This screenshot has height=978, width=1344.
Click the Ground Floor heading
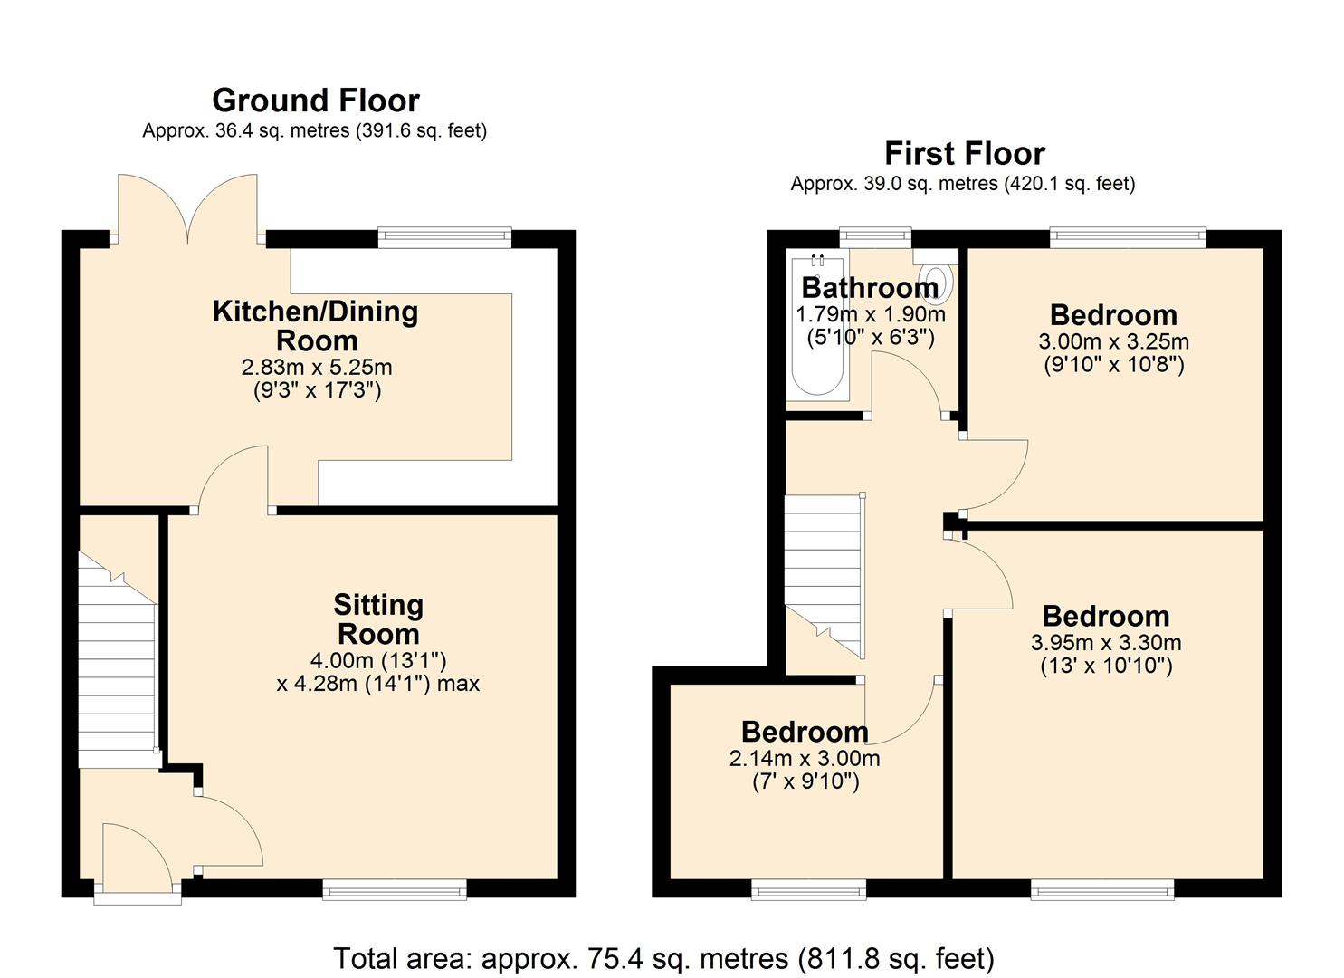click(315, 100)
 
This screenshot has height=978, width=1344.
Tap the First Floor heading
click(964, 153)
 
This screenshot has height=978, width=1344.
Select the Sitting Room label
click(377, 618)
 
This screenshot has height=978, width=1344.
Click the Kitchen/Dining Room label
click(316, 325)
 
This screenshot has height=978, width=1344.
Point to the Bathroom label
click(870, 287)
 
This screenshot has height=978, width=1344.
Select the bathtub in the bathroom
click(818, 326)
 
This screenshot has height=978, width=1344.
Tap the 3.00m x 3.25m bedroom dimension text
click(1113, 342)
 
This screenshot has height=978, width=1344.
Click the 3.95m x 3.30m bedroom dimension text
click(1106, 643)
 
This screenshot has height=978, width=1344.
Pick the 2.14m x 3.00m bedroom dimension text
click(805, 759)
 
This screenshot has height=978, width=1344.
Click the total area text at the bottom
click(664, 958)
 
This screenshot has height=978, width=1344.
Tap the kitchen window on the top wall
click(444, 237)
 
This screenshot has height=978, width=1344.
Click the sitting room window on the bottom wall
click(396, 890)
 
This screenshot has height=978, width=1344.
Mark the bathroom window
click(874, 237)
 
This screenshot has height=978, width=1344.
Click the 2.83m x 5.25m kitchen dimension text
click(316, 368)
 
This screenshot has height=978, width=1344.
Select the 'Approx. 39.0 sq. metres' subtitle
click(962, 184)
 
